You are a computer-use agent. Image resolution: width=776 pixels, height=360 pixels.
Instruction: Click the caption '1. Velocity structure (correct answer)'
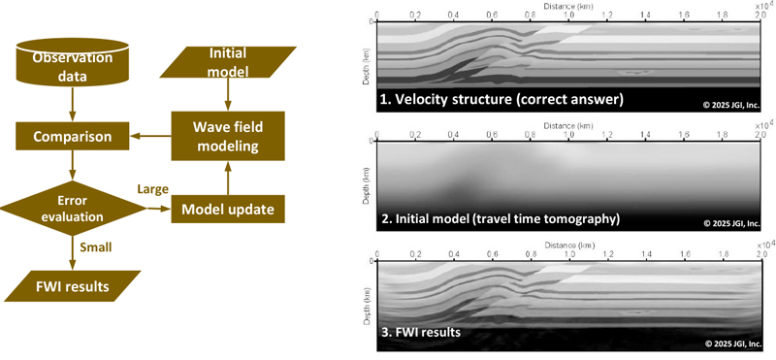pyautogui.click(x=501, y=99)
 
